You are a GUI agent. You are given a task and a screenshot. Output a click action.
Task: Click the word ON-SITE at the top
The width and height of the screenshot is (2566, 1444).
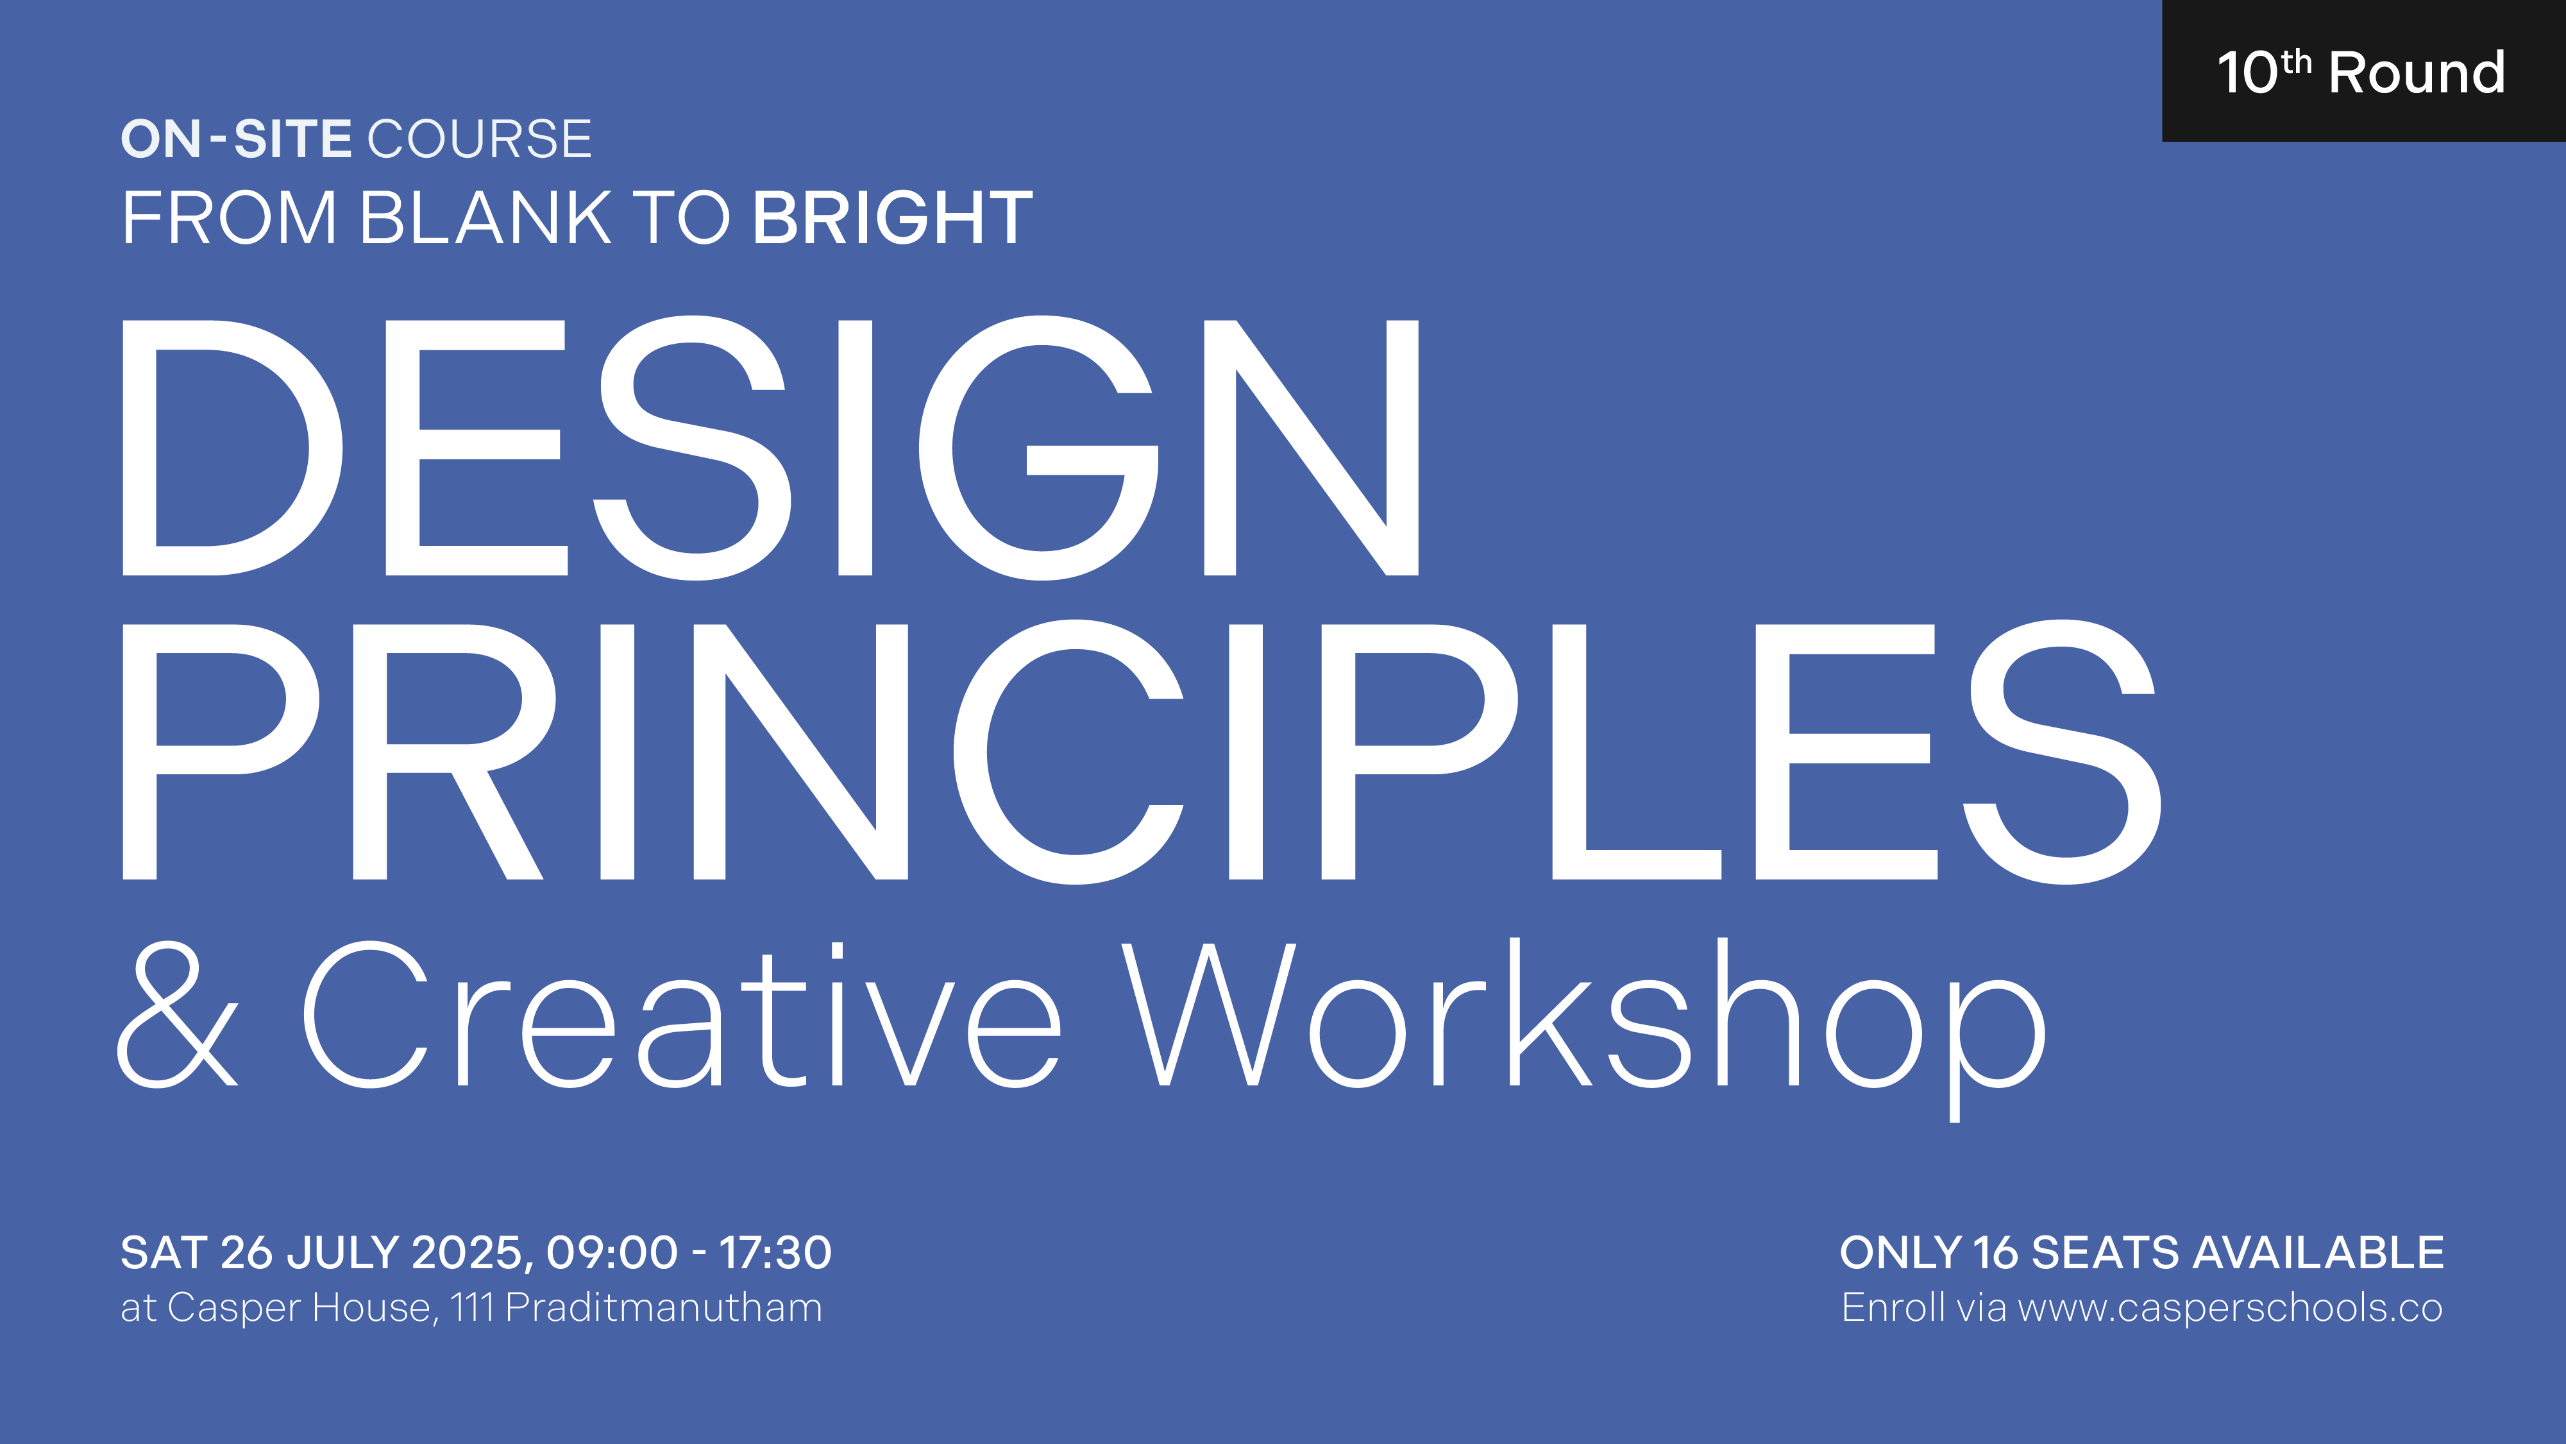pos(236,139)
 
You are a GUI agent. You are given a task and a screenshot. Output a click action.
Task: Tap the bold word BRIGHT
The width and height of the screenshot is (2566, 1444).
pos(893,217)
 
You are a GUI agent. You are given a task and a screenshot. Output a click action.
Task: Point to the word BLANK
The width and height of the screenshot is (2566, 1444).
pos(485,217)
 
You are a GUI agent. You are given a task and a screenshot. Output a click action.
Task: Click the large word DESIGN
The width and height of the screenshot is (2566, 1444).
pos(770,448)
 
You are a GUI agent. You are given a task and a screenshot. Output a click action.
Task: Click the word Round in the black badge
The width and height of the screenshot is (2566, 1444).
pos(2417,72)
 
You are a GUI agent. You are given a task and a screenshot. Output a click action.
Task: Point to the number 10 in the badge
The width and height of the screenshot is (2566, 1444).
pos(2247,72)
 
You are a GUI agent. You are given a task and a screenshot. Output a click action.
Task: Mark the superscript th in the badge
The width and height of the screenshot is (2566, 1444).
pos(2296,62)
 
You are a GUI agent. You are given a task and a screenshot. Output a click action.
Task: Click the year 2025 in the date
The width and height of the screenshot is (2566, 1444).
pos(464,1253)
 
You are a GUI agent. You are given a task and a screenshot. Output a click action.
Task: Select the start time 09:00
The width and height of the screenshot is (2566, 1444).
pos(612,1253)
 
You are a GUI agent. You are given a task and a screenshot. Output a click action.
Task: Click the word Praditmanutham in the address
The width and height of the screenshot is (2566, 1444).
pos(663,1307)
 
